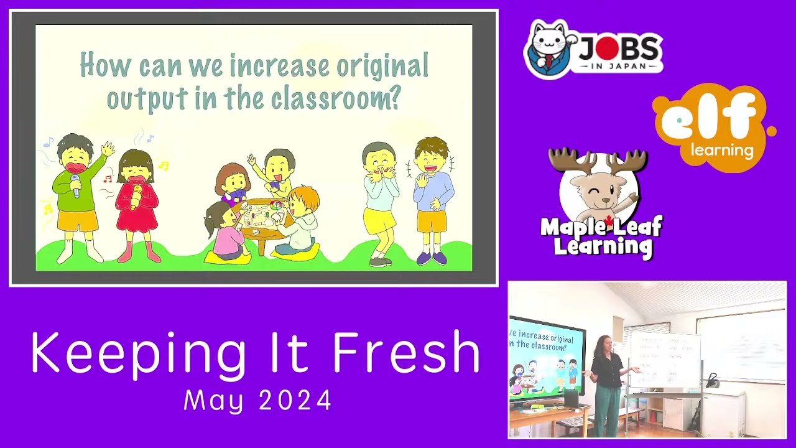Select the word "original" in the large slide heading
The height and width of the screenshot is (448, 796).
tap(382, 66)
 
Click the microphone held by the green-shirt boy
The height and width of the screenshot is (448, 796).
tap(75, 185)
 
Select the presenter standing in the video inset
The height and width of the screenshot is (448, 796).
tap(605, 386)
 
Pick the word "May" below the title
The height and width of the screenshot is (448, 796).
tap(213, 400)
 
